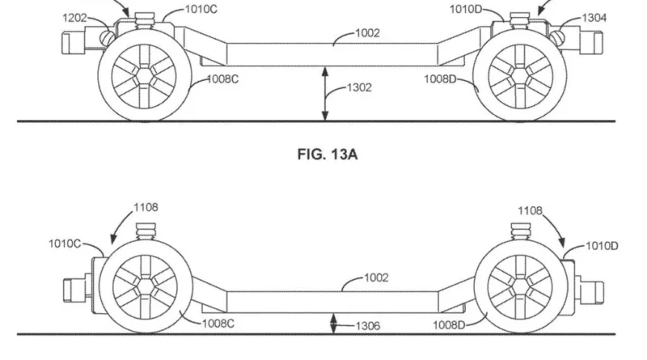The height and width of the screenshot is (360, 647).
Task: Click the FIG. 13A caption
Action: click(328, 155)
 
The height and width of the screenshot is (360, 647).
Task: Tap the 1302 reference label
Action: click(359, 87)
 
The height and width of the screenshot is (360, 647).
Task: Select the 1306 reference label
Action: click(368, 326)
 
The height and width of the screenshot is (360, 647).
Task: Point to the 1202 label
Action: click(74, 18)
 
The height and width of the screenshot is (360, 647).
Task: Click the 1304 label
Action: click(594, 18)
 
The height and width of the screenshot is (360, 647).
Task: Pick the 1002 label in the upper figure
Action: click(367, 33)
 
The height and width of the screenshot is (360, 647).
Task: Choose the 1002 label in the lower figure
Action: click(376, 277)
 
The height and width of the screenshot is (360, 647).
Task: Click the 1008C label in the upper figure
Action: click(222, 78)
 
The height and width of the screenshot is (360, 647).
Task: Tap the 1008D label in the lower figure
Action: click(449, 325)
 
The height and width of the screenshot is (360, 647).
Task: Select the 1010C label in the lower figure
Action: click(65, 244)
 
